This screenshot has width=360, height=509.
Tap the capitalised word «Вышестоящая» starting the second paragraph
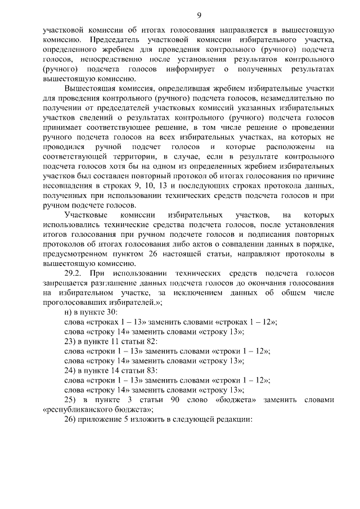point(88,89)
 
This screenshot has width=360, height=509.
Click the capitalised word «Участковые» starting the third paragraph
point(85,214)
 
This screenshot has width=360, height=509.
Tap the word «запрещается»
point(65,283)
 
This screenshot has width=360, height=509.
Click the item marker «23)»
point(70,341)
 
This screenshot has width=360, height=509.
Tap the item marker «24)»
point(70,371)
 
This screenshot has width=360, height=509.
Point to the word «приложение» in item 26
point(100,420)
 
